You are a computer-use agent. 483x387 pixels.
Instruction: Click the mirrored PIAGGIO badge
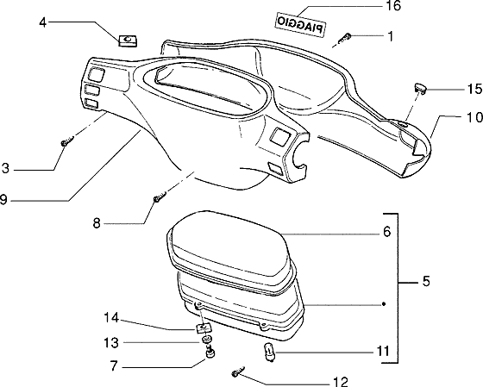click(300, 25)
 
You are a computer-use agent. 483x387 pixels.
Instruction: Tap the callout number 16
click(392, 6)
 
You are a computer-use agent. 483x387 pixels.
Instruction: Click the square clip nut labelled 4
click(128, 41)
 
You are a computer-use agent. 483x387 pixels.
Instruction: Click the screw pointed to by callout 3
click(67, 141)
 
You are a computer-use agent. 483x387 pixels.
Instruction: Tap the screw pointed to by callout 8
click(160, 197)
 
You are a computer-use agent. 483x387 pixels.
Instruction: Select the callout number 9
click(3, 200)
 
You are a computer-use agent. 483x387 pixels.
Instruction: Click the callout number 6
click(387, 232)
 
